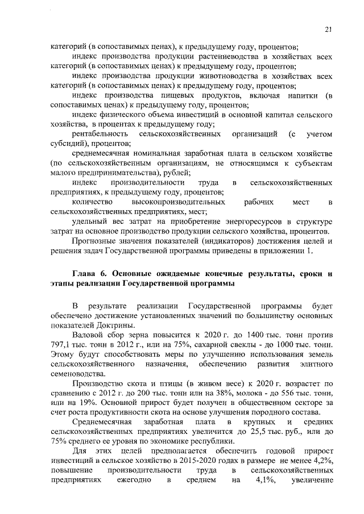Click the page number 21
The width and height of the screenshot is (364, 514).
tap(328, 30)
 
